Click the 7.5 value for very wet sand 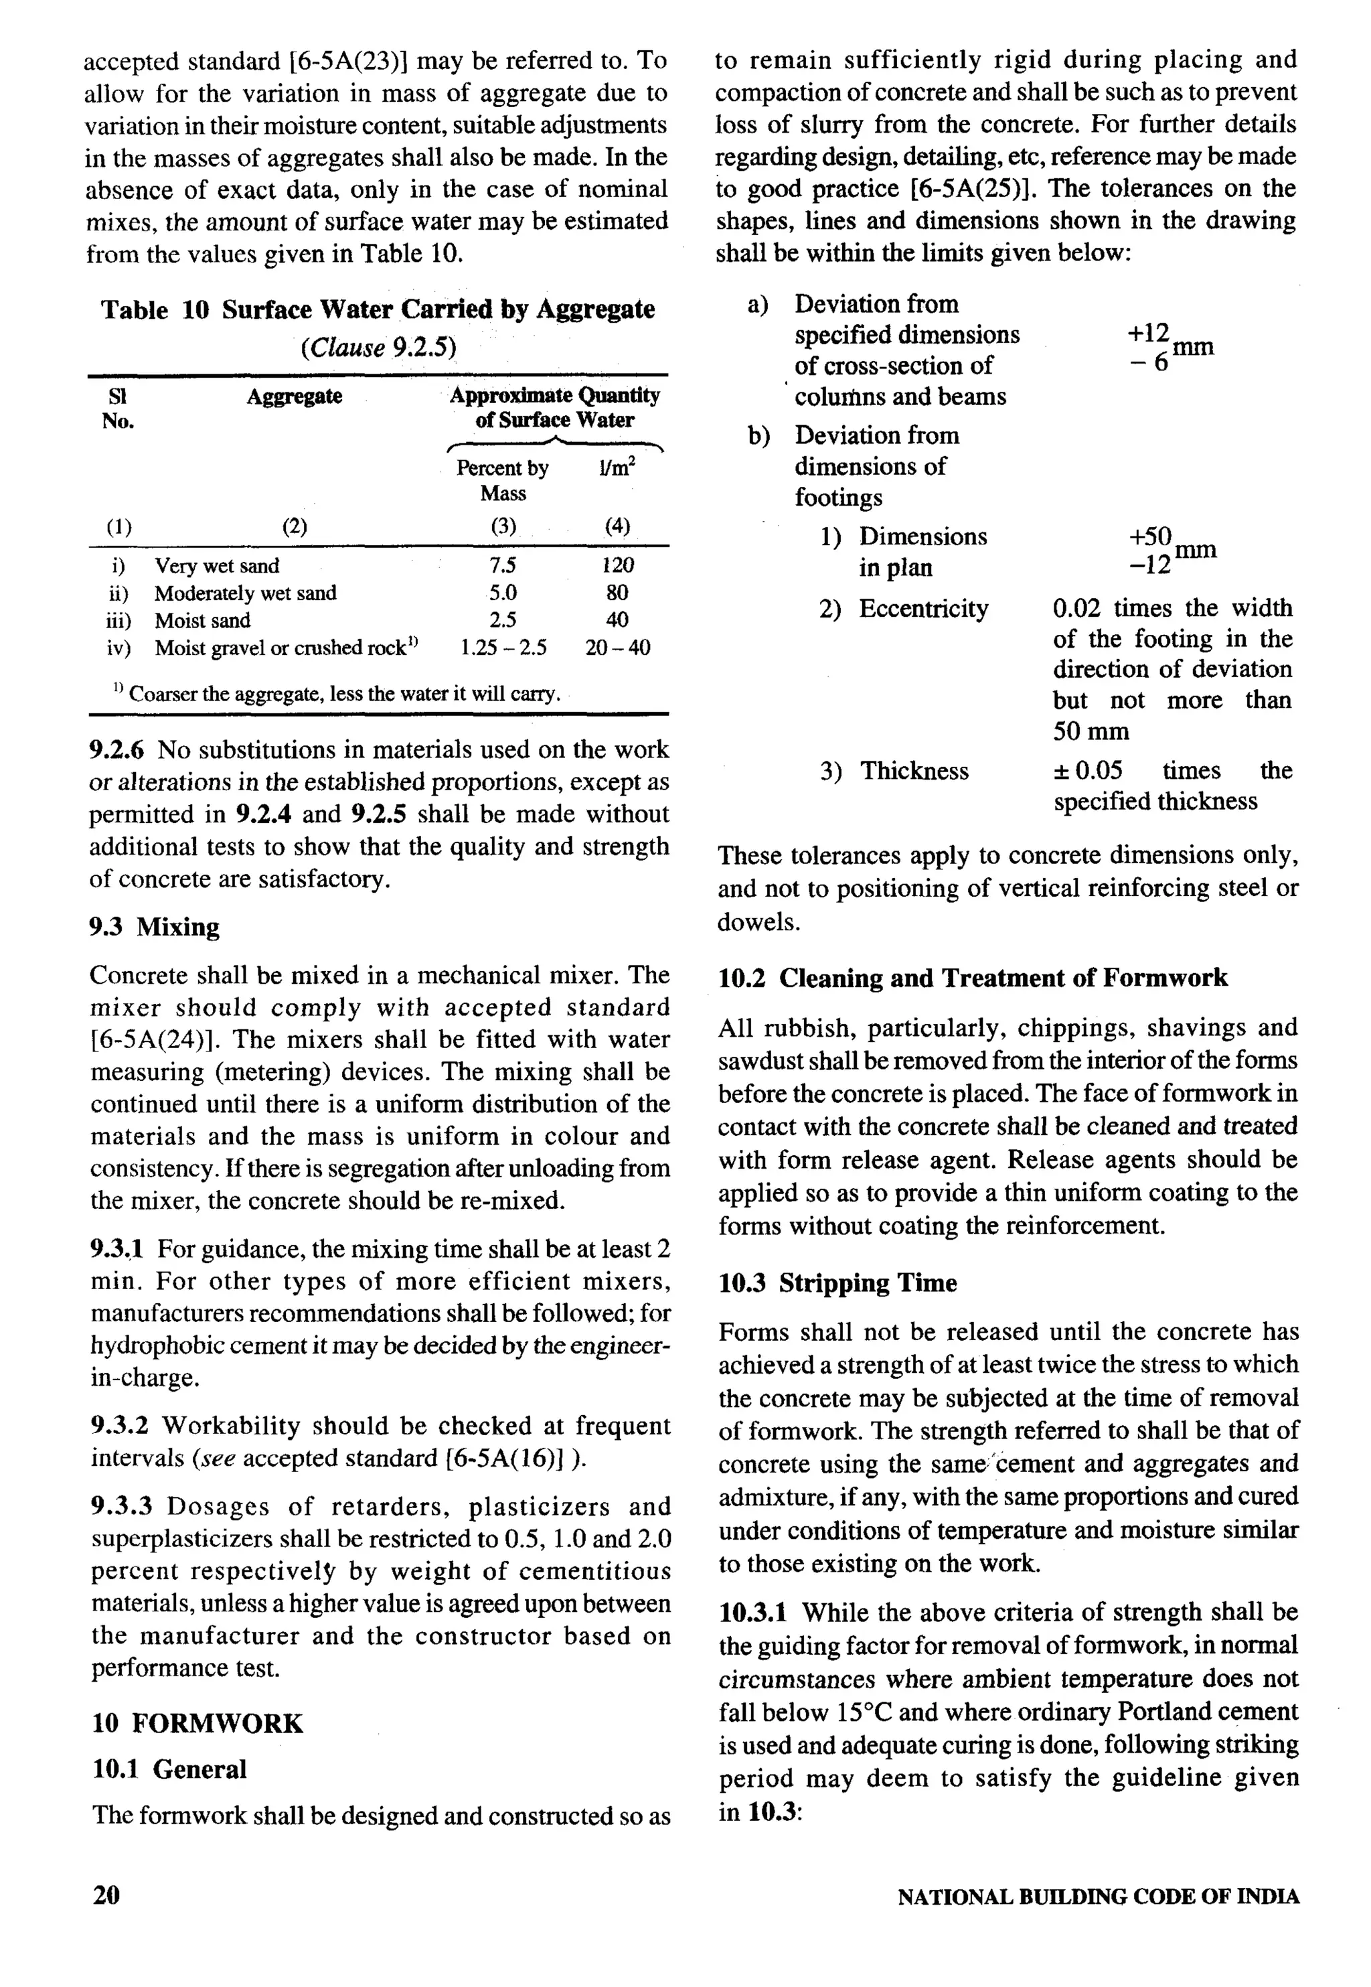503,565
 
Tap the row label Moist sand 203,621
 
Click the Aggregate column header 294,396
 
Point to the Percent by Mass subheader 503,480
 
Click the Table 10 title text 378,309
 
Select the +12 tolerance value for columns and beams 1149,334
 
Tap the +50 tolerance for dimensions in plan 1149,537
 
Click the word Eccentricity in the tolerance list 923,609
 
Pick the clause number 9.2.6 118,750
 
